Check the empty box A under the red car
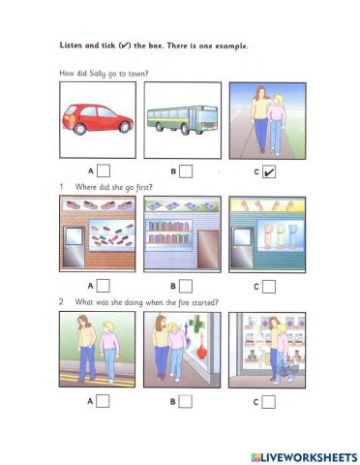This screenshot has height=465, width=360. click(x=103, y=171)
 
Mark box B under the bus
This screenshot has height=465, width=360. click(x=186, y=171)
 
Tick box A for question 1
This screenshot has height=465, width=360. click(x=103, y=286)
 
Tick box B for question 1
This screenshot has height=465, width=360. click(x=186, y=286)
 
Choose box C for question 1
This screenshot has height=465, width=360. click(x=269, y=286)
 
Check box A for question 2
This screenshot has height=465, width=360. click(x=103, y=400)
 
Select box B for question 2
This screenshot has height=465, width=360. click(x=186, y=400)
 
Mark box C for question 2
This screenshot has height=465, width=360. click(x=269, y=400)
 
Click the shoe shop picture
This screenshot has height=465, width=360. click(x=98, y=233)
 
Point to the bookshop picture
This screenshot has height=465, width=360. click(x=182, y=233)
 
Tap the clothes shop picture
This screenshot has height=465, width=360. click(x=265, y=233)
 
